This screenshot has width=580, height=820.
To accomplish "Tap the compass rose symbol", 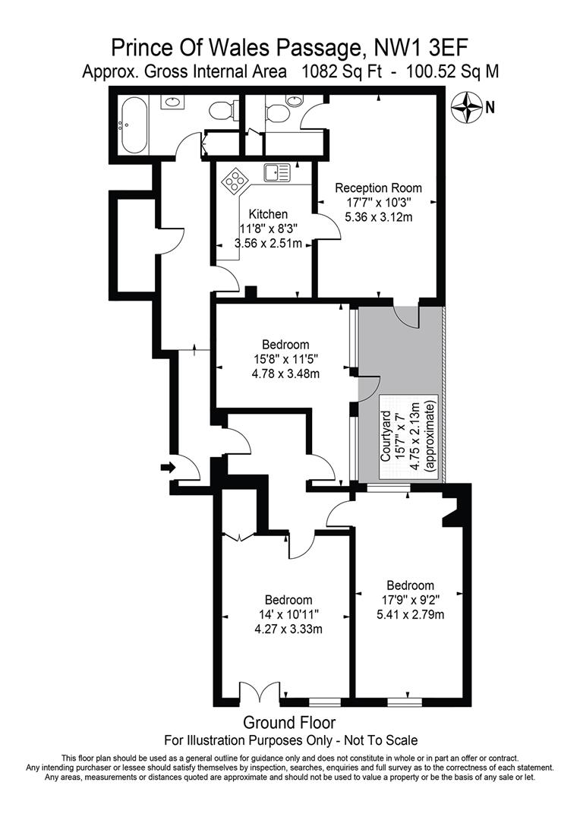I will coord(466,107).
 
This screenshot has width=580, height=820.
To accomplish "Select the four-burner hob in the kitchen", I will coord(235,182).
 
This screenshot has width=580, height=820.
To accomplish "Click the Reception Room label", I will coord(378,188).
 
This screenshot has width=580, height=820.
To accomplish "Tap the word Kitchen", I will coord(260,215).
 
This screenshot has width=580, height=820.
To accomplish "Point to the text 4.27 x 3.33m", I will coord(285,628).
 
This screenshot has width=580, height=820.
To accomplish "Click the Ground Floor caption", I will coord(289,723).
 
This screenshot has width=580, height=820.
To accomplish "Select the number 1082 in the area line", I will coord(320,73).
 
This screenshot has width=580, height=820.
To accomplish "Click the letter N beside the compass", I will coord(490,108).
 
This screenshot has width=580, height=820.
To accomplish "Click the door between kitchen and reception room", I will coord(321,226).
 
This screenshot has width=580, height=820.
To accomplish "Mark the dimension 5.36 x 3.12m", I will coord(378,217).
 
